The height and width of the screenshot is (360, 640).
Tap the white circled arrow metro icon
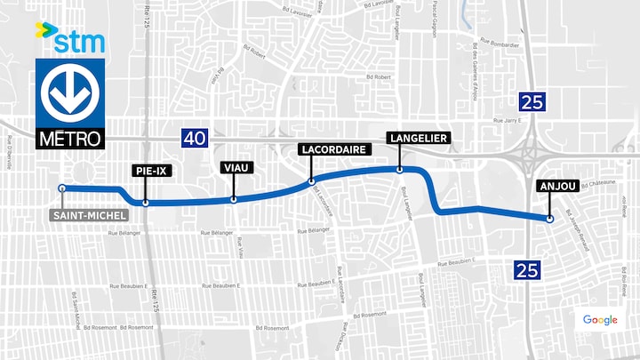pos(70,93)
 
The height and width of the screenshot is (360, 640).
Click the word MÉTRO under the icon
pos(70,139)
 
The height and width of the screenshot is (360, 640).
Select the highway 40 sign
pos(195,137)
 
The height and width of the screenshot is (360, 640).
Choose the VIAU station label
pos(234,166)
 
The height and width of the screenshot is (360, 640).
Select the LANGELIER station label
pos(418,138)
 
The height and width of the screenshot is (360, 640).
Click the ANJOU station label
pos(557,187)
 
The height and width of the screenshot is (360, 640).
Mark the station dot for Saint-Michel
pos(61,188)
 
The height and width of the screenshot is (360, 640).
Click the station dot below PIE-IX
pos(146,203)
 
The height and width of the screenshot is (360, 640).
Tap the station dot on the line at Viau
pos(233,199)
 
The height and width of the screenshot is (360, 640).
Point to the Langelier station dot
pos(400,169)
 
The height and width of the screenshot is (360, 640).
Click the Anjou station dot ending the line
pos(550,219)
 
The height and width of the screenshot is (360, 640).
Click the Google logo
pos(600,320)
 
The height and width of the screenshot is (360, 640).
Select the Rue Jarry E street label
pos(509,120)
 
